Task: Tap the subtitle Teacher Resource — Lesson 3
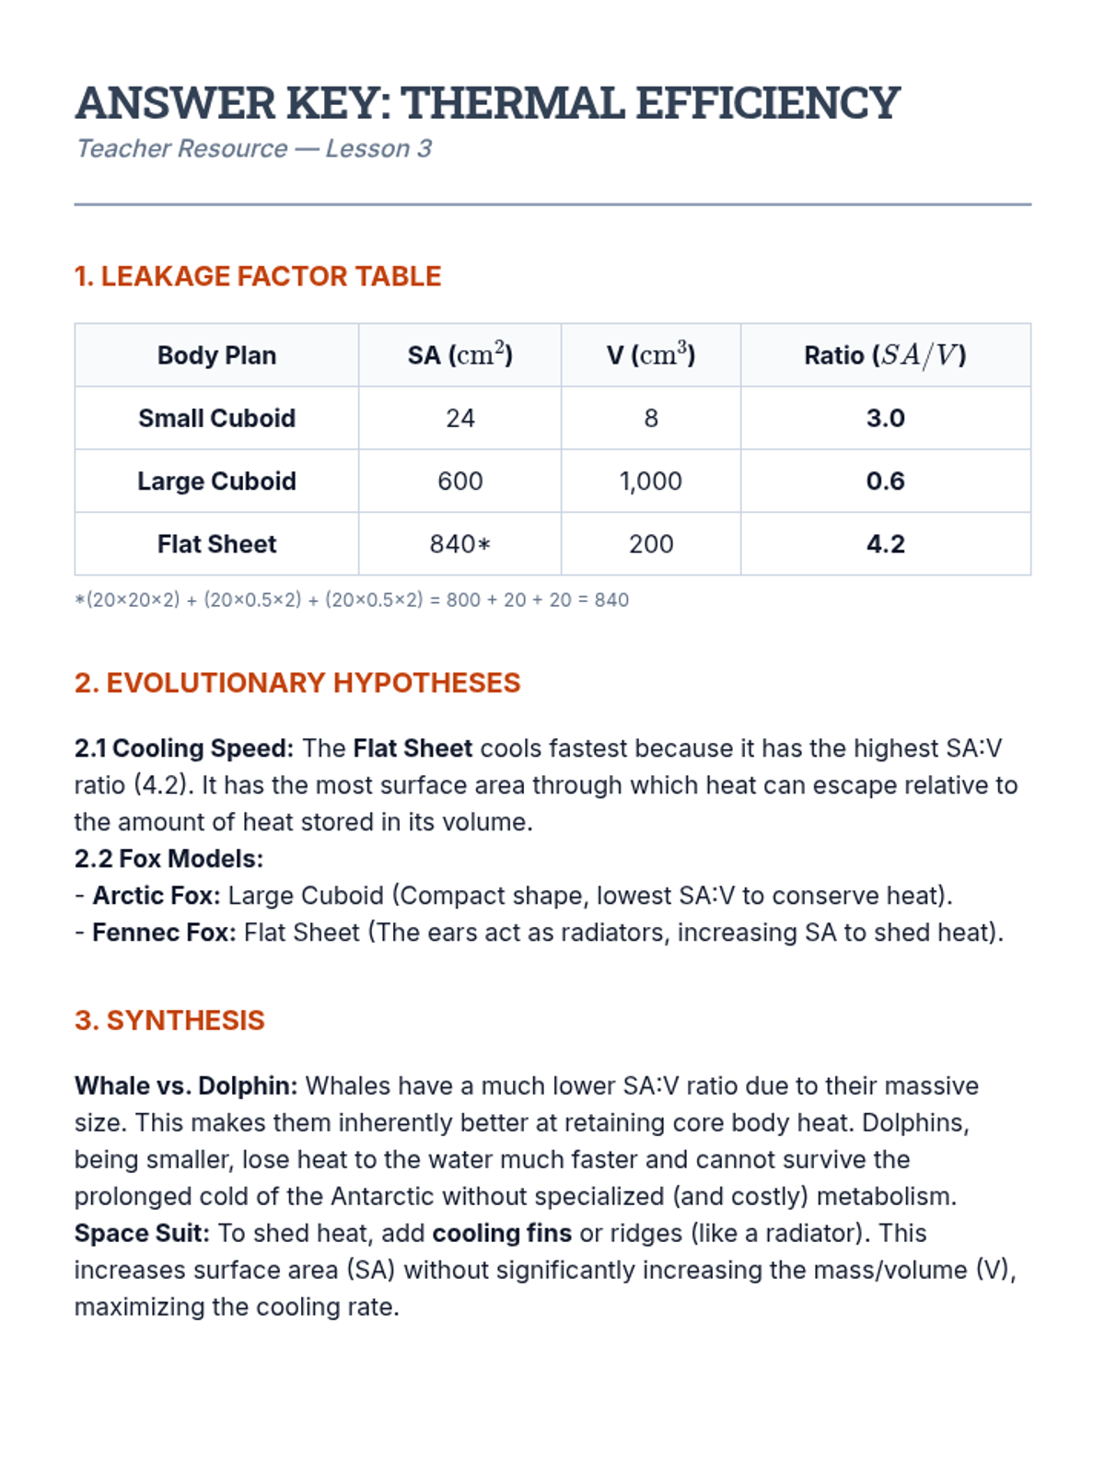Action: (253, 149)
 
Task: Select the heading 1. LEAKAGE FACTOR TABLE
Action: (258, 276)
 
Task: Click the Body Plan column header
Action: (216, 355)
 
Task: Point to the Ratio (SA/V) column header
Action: (885, 355)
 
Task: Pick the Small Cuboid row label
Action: (216, 418)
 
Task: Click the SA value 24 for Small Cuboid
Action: (459, 418)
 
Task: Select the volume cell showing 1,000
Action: (650, 481)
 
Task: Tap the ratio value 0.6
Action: (885, 481)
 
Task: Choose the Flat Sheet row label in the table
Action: (216, 544)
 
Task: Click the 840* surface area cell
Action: (459, 544)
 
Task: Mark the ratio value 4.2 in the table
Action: (885, 544)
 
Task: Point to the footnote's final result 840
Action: (611, 600)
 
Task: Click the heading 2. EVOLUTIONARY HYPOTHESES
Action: (297, 683)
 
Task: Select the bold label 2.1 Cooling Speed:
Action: (184, 748)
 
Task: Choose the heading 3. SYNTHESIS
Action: (169, 1021)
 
